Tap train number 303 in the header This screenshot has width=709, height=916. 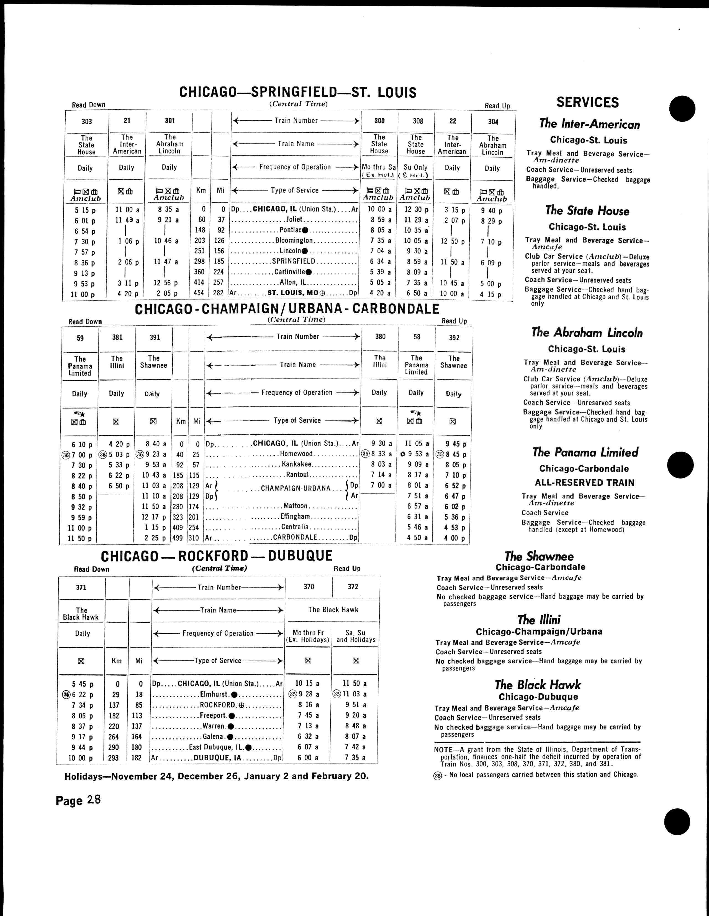(87, 122)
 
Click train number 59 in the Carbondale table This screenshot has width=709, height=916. (80, 338)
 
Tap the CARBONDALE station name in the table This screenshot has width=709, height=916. (295, 538)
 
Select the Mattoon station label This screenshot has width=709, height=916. (296, 506)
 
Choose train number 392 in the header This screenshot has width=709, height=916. (454, 338)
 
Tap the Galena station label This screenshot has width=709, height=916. (213, 737)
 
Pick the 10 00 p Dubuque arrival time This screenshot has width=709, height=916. (82, 758)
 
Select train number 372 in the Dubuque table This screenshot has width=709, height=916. (353, 587)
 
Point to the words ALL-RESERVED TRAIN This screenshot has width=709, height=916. (585, 482)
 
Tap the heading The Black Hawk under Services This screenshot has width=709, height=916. (538, 685)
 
